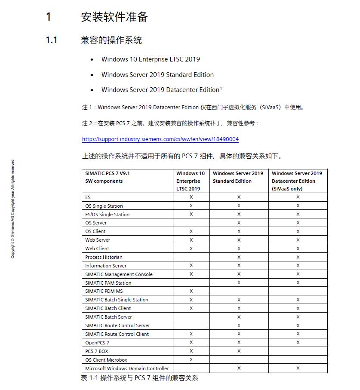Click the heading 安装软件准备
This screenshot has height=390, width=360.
pos(114,17)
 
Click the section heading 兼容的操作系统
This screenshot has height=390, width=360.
pos(111,40)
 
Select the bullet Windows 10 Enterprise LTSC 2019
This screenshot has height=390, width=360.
pos(151,59)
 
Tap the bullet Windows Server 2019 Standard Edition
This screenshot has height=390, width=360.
pos(157,75)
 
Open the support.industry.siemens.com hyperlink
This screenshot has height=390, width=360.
pos(160,139)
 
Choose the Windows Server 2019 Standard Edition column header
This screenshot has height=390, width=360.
pos(238,177)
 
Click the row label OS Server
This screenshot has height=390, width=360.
pos(96,223)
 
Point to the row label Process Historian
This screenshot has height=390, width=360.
pos(104,257)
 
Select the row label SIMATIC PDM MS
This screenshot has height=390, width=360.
pos(104,291)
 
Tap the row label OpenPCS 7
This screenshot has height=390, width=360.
pos(97,343)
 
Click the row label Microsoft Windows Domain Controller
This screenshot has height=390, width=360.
pos(127,369)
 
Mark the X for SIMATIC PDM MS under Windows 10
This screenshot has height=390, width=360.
pos(191,291)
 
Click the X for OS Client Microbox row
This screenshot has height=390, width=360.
pos(191,360)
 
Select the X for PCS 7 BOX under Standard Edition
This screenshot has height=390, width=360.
pos(239,351)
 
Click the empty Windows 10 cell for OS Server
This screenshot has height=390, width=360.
pos(191,223)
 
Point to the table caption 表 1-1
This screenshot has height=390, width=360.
pos(139,378)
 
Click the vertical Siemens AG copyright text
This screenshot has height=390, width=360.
pos(12,209)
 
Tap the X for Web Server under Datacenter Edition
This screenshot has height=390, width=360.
pos(298,240)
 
